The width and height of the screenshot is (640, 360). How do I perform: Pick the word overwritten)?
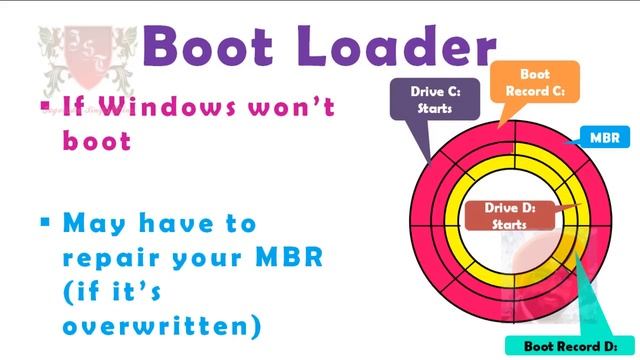click(161, 326)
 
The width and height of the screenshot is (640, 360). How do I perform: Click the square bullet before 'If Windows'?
click(45, 105)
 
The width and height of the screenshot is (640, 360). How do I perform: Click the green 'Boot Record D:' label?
click(579, 346)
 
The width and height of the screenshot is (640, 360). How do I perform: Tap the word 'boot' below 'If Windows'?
click(97, 141)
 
